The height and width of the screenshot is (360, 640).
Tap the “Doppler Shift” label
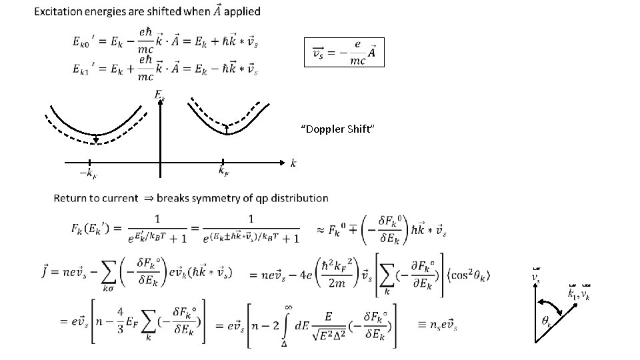tap(339, 129)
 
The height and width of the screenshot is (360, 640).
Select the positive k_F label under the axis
tap(225, 171)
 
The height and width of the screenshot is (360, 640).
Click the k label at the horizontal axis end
tap(293, 162)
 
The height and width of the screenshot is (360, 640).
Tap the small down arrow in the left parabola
tap(96, 138)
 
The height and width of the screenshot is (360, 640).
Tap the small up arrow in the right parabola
tap(227, 129)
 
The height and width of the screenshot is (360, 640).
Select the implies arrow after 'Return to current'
tap(147, 198)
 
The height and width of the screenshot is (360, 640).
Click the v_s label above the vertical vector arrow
tap(535, 275)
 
